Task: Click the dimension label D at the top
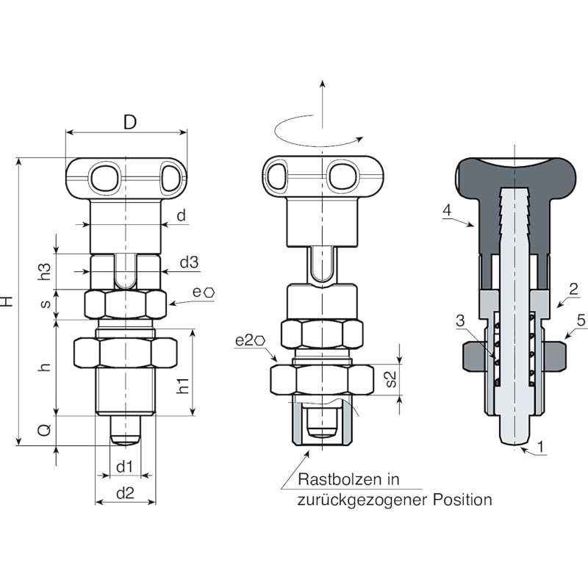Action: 130,122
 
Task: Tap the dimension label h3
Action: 45,272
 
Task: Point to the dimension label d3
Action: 190,262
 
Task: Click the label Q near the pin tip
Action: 45,430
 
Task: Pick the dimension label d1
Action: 124,467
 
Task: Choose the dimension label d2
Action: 125,492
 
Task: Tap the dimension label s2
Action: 391,379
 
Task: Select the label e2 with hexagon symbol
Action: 250,340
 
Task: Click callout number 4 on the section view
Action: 447,210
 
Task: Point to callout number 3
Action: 460,320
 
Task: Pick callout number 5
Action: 581,320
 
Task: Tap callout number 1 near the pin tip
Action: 540,447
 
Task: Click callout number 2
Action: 573,289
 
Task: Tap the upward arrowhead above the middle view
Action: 322,83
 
